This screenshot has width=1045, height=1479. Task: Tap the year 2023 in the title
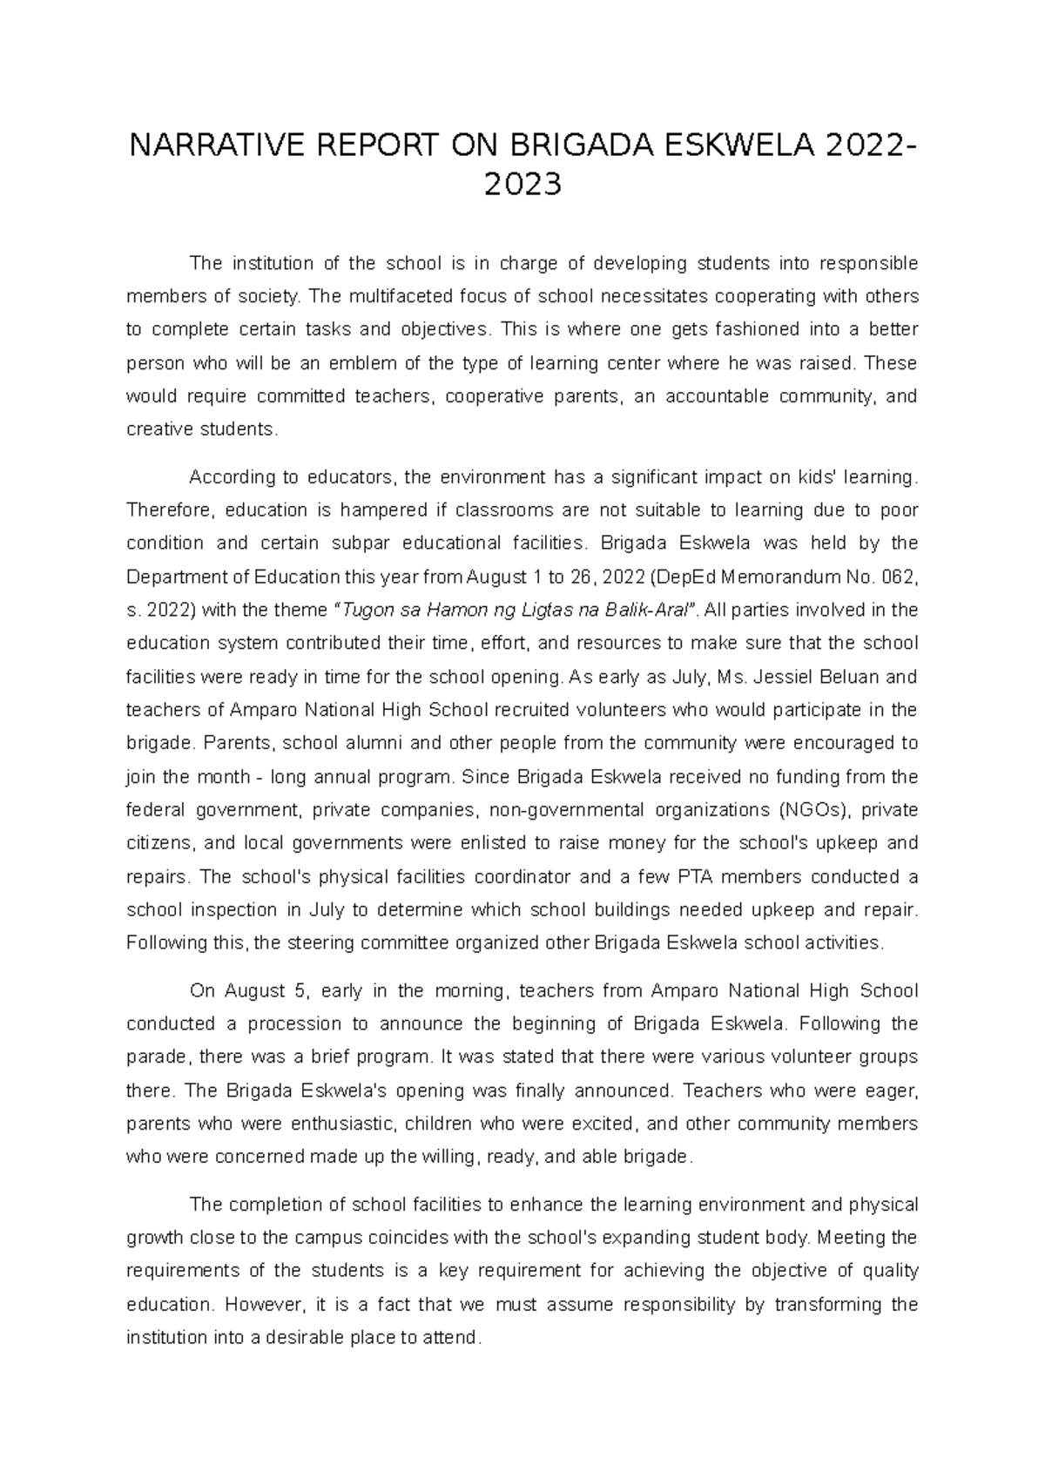point(522,185)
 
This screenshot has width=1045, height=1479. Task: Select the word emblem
point(374,363)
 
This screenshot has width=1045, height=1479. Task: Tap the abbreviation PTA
point(684,877)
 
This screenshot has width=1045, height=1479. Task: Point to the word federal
point(155,810)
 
